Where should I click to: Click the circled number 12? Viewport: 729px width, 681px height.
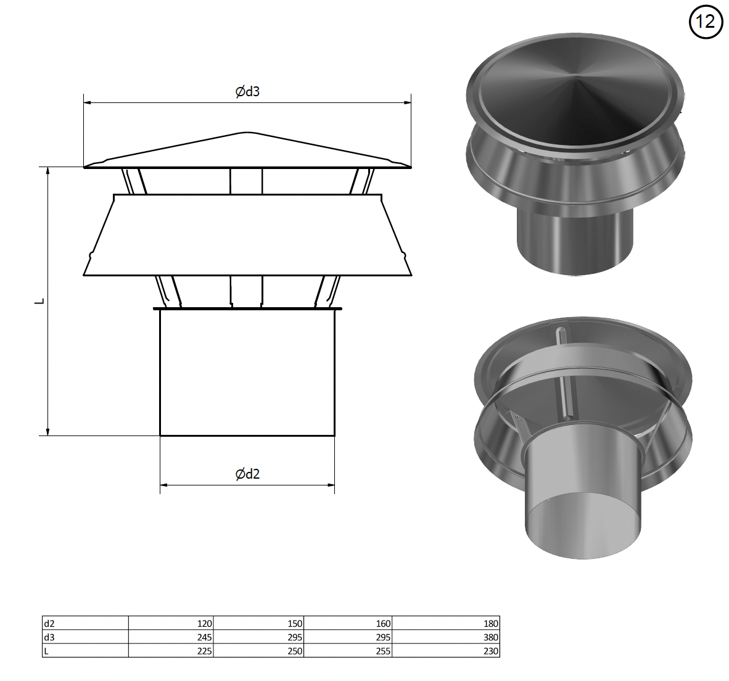point(706,22)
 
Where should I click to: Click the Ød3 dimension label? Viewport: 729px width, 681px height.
point(247,91)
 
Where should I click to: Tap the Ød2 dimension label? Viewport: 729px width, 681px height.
point(247,474)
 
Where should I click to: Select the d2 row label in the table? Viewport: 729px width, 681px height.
point(49,624)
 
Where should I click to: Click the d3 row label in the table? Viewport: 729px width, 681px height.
point(49,637)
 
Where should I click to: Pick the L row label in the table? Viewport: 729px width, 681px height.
point(46,651)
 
